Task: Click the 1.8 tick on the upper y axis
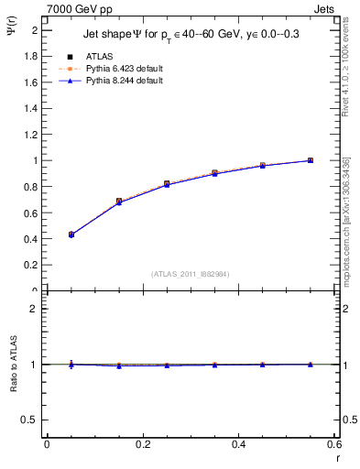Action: point(29,56)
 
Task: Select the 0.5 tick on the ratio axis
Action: point(29,420)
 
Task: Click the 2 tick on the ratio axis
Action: point(32,309)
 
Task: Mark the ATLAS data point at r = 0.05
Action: point(71,234)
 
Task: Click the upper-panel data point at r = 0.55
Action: point(311,160)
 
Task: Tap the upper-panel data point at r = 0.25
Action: point(167,184)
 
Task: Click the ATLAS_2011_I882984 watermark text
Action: point(190,273)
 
